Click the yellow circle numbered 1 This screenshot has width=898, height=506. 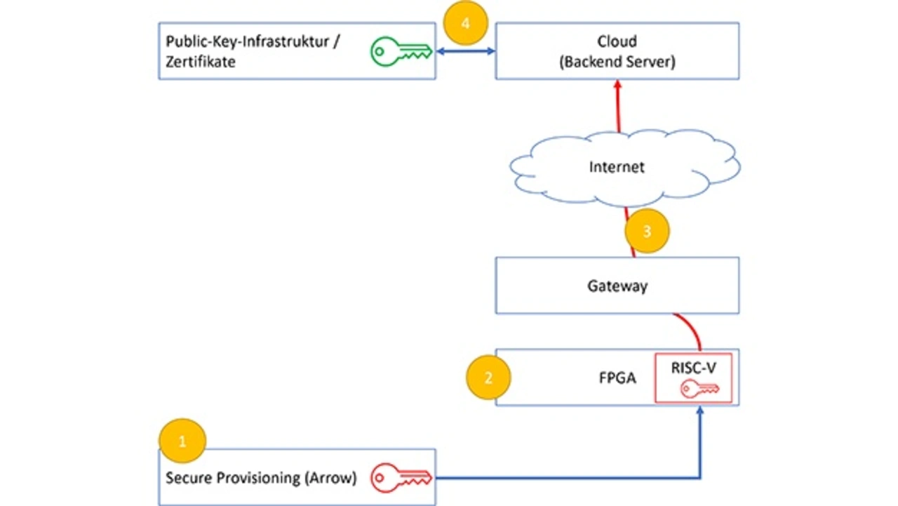click(182, 442)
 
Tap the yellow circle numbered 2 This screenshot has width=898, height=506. click(489, 378)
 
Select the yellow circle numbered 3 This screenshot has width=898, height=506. click(647, 231)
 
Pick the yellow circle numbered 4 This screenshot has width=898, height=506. click(466, 23)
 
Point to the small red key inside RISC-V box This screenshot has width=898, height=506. click(699, 388)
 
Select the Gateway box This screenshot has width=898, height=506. click(617, 286)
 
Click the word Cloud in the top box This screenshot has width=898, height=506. click(617, 41)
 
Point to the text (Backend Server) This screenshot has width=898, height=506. click(617, 62)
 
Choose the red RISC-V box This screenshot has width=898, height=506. click(693, 378)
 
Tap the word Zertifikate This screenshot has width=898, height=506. click(201, 62)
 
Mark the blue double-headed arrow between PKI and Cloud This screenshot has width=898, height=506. click(466, 51)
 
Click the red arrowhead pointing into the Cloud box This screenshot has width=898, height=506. click(618, 84)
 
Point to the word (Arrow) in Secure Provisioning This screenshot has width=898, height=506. click(330, 479)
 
